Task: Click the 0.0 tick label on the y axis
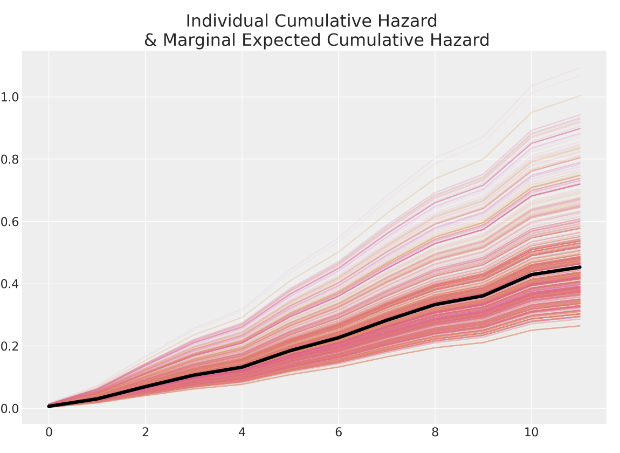(x=10, y=409)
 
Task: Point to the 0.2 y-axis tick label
(x=10, y=346)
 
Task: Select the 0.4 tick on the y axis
(x=10, y=284)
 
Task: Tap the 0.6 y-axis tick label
(x=10, y=222)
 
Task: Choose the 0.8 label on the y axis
(x=10, y=160)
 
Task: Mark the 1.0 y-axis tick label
(x=10, y=98)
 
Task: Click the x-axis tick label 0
(x=49, y=433)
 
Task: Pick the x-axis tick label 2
(x=145, y=433)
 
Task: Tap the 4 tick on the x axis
(x=242, y=433)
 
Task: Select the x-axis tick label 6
(x=338, y=433)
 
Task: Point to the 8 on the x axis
(x=435, y=433)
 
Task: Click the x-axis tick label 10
(x=532, y=433)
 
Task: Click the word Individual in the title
(x=227, y=22)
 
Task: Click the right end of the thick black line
(x=580, y=267)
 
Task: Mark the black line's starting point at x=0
(x=49, y=406)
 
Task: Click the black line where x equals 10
(x=532, y=274)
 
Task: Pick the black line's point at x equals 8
(x=435, y=305)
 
